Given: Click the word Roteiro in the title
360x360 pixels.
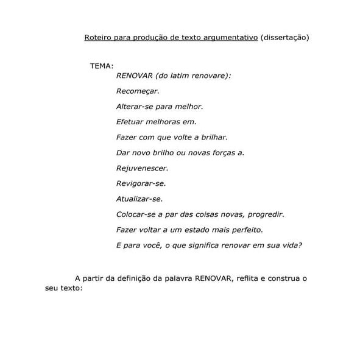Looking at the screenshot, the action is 97,38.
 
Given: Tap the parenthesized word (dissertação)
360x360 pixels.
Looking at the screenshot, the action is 284,38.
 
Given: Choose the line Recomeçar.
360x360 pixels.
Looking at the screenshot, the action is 137,91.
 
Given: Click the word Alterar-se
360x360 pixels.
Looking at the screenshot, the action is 134,106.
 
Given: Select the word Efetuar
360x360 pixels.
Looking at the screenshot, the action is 130,122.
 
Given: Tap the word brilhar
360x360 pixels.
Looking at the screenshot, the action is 213,137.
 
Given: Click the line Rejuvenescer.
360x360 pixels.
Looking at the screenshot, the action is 142,168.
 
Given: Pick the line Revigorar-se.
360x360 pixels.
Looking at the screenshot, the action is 141,183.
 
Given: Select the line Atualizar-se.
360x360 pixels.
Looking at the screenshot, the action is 139,199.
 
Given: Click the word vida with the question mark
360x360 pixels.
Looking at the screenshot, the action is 293,245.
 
